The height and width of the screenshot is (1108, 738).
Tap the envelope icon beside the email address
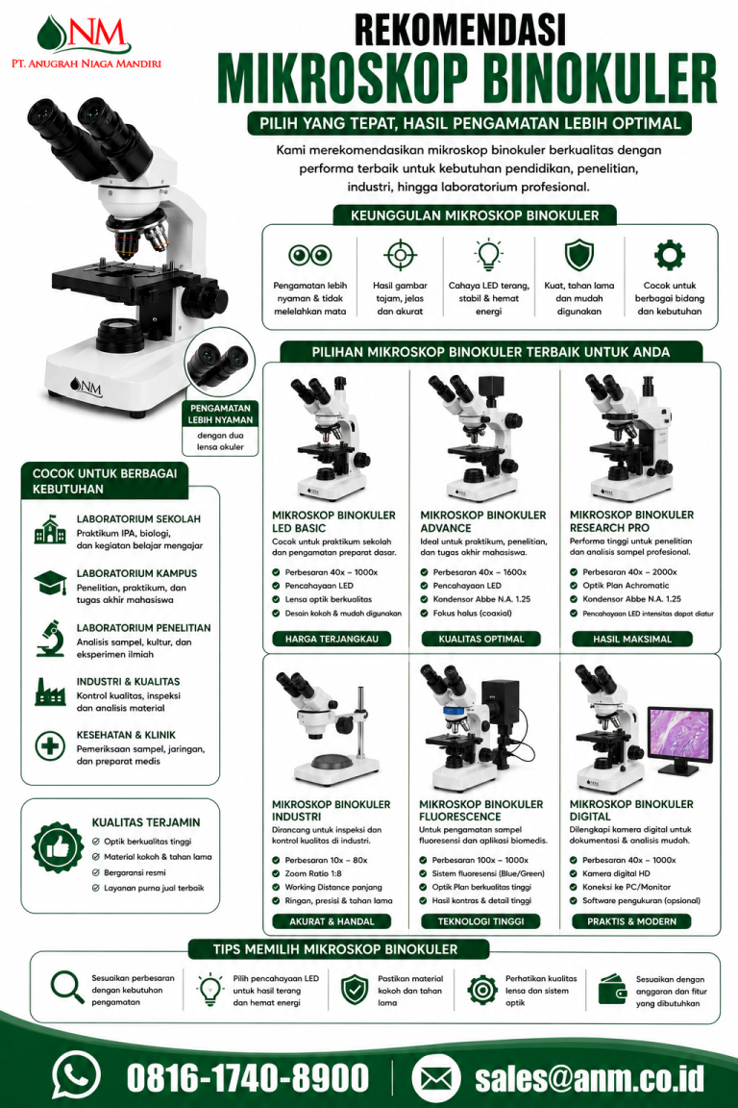click(x=435, y=1077)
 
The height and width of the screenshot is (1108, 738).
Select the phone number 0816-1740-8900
click(x=247, y=1078)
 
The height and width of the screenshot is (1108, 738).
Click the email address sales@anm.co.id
click(x=590, y=1078)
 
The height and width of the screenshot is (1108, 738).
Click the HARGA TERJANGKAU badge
click(x=332, y=639)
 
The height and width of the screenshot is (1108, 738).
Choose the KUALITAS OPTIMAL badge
click(x=480, y=639)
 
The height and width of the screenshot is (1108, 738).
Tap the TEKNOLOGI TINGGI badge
click(x=480, y=921)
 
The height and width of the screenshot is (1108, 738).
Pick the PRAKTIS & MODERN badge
click(x=631, y=921)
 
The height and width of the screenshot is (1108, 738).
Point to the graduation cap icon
click(x=50, y=583)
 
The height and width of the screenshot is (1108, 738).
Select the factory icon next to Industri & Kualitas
click(x=50, y=692)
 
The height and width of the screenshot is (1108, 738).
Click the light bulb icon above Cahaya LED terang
click(x=488, y=255)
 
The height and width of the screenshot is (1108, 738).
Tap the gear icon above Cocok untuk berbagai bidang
click(x=669, y=255)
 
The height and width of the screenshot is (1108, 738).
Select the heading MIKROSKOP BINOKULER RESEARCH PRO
click(x=631, y=521)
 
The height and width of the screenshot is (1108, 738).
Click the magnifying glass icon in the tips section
click(x=67, y=987)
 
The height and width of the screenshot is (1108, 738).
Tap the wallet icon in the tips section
click(x=612, y=990)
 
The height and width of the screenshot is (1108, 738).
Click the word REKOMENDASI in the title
click(x=460, y=30)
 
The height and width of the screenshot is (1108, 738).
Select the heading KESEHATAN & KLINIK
click(x=126, y=735)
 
